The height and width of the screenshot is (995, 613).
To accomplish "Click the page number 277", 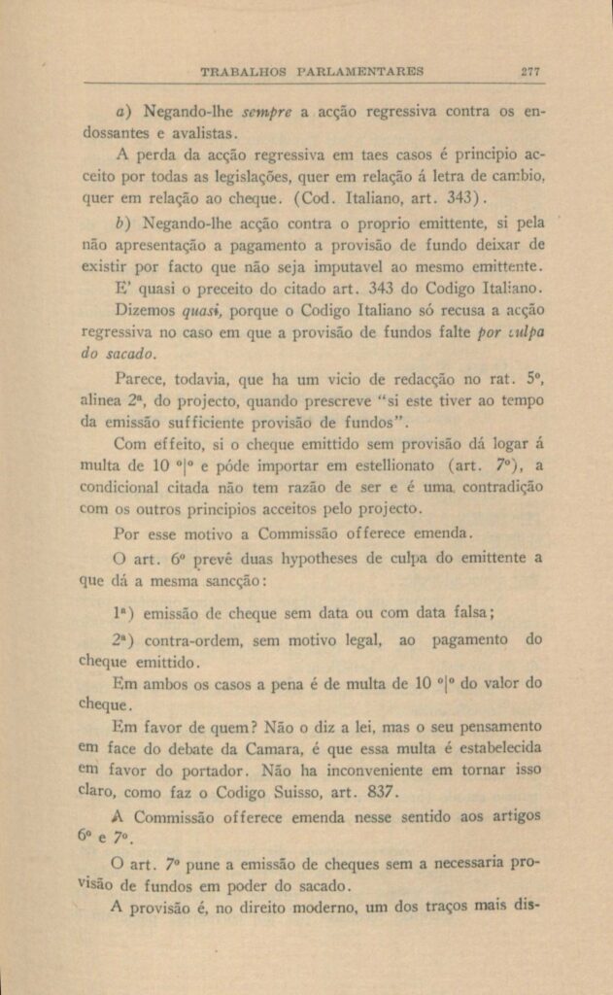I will [530, 71].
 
